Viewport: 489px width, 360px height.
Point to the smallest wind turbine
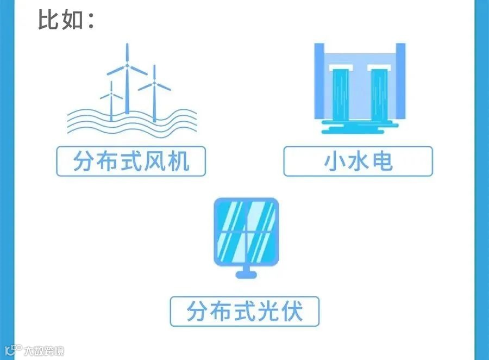[111, 101]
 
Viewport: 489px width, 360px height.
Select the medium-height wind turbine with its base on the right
[154, 92]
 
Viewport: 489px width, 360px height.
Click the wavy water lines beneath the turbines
[130, 122]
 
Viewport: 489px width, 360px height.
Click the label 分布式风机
[131, 161]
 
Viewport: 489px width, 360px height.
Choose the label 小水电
[358, 161]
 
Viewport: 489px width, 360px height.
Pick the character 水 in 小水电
[358, 161]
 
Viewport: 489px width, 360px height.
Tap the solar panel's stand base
[246, 274]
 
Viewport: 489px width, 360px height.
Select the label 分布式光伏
[244, 312]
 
